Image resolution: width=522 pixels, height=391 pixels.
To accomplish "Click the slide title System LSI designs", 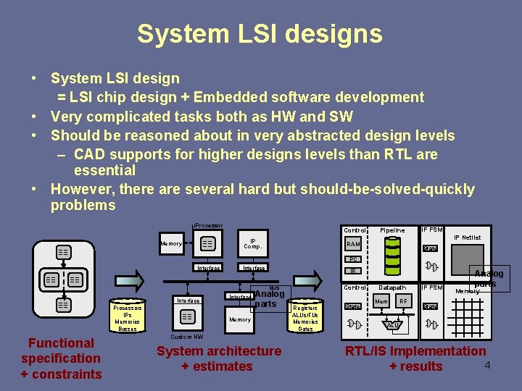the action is pos(260,34).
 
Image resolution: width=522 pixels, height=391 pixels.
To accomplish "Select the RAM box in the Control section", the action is pos(354,244).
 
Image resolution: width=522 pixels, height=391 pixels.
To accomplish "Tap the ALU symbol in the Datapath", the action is pos(392,325).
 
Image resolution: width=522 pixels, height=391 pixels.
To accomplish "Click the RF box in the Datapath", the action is pos(404,301).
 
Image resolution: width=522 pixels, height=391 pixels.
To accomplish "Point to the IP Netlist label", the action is pos(467,237).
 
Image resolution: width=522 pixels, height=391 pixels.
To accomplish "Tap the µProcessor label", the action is pos(207,226).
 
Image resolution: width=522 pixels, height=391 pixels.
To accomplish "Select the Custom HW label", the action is pos(186,337).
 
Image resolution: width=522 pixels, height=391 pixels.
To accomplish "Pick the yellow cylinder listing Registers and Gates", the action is pos(305,316).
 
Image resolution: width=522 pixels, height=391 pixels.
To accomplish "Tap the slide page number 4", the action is pos(488,364).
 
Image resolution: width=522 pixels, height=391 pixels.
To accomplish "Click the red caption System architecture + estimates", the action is pos(219,358).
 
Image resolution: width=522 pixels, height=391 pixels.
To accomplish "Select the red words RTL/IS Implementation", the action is pos(415,351).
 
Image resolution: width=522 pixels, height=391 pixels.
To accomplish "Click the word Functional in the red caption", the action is pos(61,343).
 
